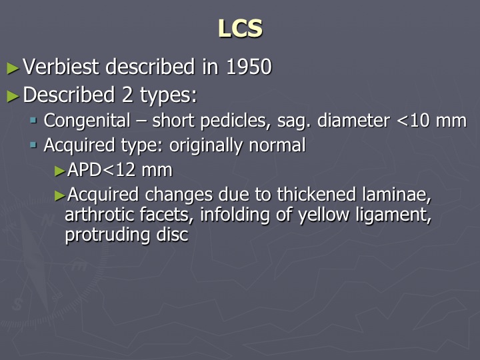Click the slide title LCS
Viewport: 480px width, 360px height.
tap(240, 29)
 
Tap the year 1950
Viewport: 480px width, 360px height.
tap(249, 67)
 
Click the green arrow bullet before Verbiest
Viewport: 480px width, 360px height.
tap(13, 68)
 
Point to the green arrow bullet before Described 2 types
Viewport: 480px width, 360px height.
tap(13, 96)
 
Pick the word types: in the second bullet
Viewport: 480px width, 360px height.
tap(169, 95)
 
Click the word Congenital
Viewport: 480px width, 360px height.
tap(87, 120)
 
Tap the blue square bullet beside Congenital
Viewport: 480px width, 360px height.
tap(34, 120)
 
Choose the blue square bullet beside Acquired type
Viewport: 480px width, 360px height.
tap(34, 145)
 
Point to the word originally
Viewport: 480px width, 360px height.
tap(206, 145)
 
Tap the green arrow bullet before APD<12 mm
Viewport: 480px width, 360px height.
tap(60, 171)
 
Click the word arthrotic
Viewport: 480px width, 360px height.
tap(99, 214)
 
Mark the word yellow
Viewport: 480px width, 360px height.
tap(324, 215)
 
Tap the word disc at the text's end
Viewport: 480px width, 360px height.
tap(172, 235)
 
